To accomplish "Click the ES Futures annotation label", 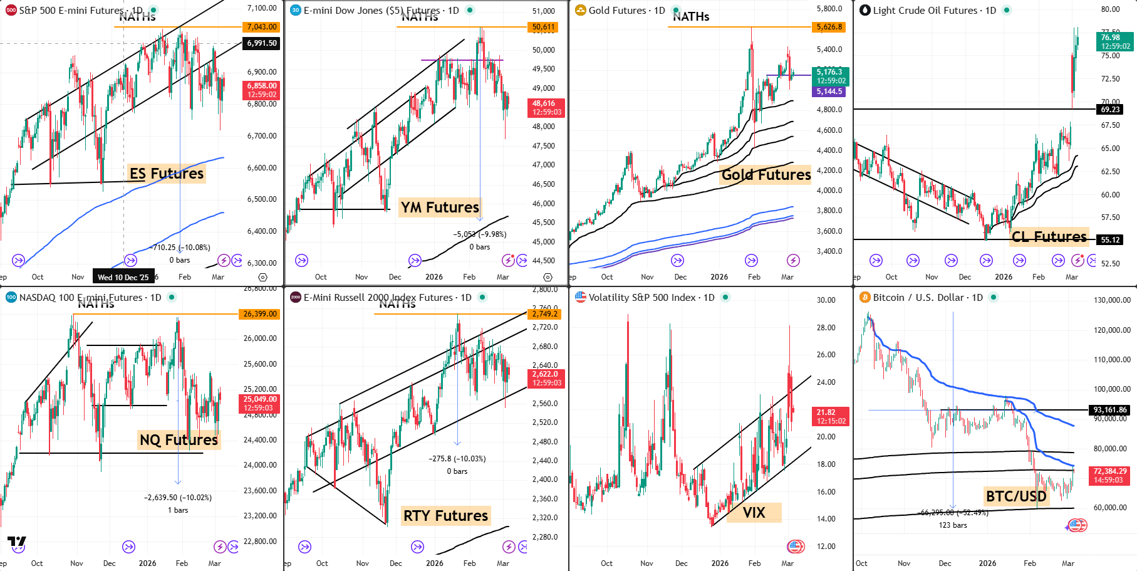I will point(166,174).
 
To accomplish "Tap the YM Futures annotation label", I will point(440,207).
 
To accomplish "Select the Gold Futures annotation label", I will point(766,175).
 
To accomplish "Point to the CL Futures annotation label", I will point(1049,237).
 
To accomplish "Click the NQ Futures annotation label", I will point(179,440).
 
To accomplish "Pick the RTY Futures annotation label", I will point(445,516).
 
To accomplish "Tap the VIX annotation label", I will point(754,513).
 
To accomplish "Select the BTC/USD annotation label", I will point(1016,496).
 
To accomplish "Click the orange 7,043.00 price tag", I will point(261,27).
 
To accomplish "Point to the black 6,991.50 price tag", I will point(261,43).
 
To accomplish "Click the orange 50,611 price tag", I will point(543,27).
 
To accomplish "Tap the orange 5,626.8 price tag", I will point(829,27).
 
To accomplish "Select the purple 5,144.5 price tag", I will point(829,92).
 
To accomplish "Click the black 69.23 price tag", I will point(1110,110).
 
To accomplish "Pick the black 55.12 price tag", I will point(1110,240).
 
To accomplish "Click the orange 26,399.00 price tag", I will point(260,314).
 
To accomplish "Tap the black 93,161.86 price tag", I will point(1109,410).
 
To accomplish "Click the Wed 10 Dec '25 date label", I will point(123,277).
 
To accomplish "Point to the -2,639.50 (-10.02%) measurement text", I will point(178,498).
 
